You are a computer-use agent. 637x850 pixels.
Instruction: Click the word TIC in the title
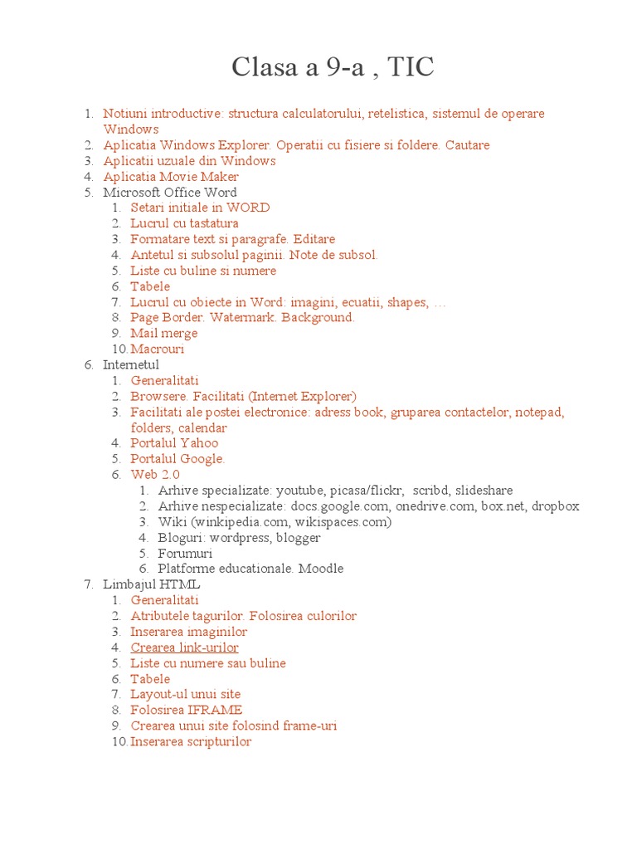coord(407,68)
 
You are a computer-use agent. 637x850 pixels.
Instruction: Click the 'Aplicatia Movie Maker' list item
coord(171,177)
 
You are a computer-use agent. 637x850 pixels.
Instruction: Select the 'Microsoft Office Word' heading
coord(170,193)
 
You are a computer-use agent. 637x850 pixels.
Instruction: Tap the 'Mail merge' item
coord(164,334)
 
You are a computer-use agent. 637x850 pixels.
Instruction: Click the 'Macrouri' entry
coord(158,349)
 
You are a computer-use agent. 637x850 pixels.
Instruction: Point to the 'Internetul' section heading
coord(131,365)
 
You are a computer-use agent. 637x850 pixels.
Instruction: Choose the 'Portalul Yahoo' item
coord(174,443)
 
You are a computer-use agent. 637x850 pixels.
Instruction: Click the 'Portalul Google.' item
coord(177,459)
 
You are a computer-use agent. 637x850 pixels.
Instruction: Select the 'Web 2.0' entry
coord(155,475)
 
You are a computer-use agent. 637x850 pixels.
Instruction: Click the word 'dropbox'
coord(555,506)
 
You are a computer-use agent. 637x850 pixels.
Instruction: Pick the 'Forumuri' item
coord(185,554)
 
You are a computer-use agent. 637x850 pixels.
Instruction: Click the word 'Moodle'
coord(321,569)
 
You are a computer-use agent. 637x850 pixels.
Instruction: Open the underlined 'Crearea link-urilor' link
coord(184,647)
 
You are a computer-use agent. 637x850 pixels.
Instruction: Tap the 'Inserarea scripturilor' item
coord(191,742)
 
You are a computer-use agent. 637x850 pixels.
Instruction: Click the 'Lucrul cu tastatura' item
coord(184,223)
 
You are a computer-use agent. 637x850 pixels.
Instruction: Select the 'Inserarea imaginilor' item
coord(189,632)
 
